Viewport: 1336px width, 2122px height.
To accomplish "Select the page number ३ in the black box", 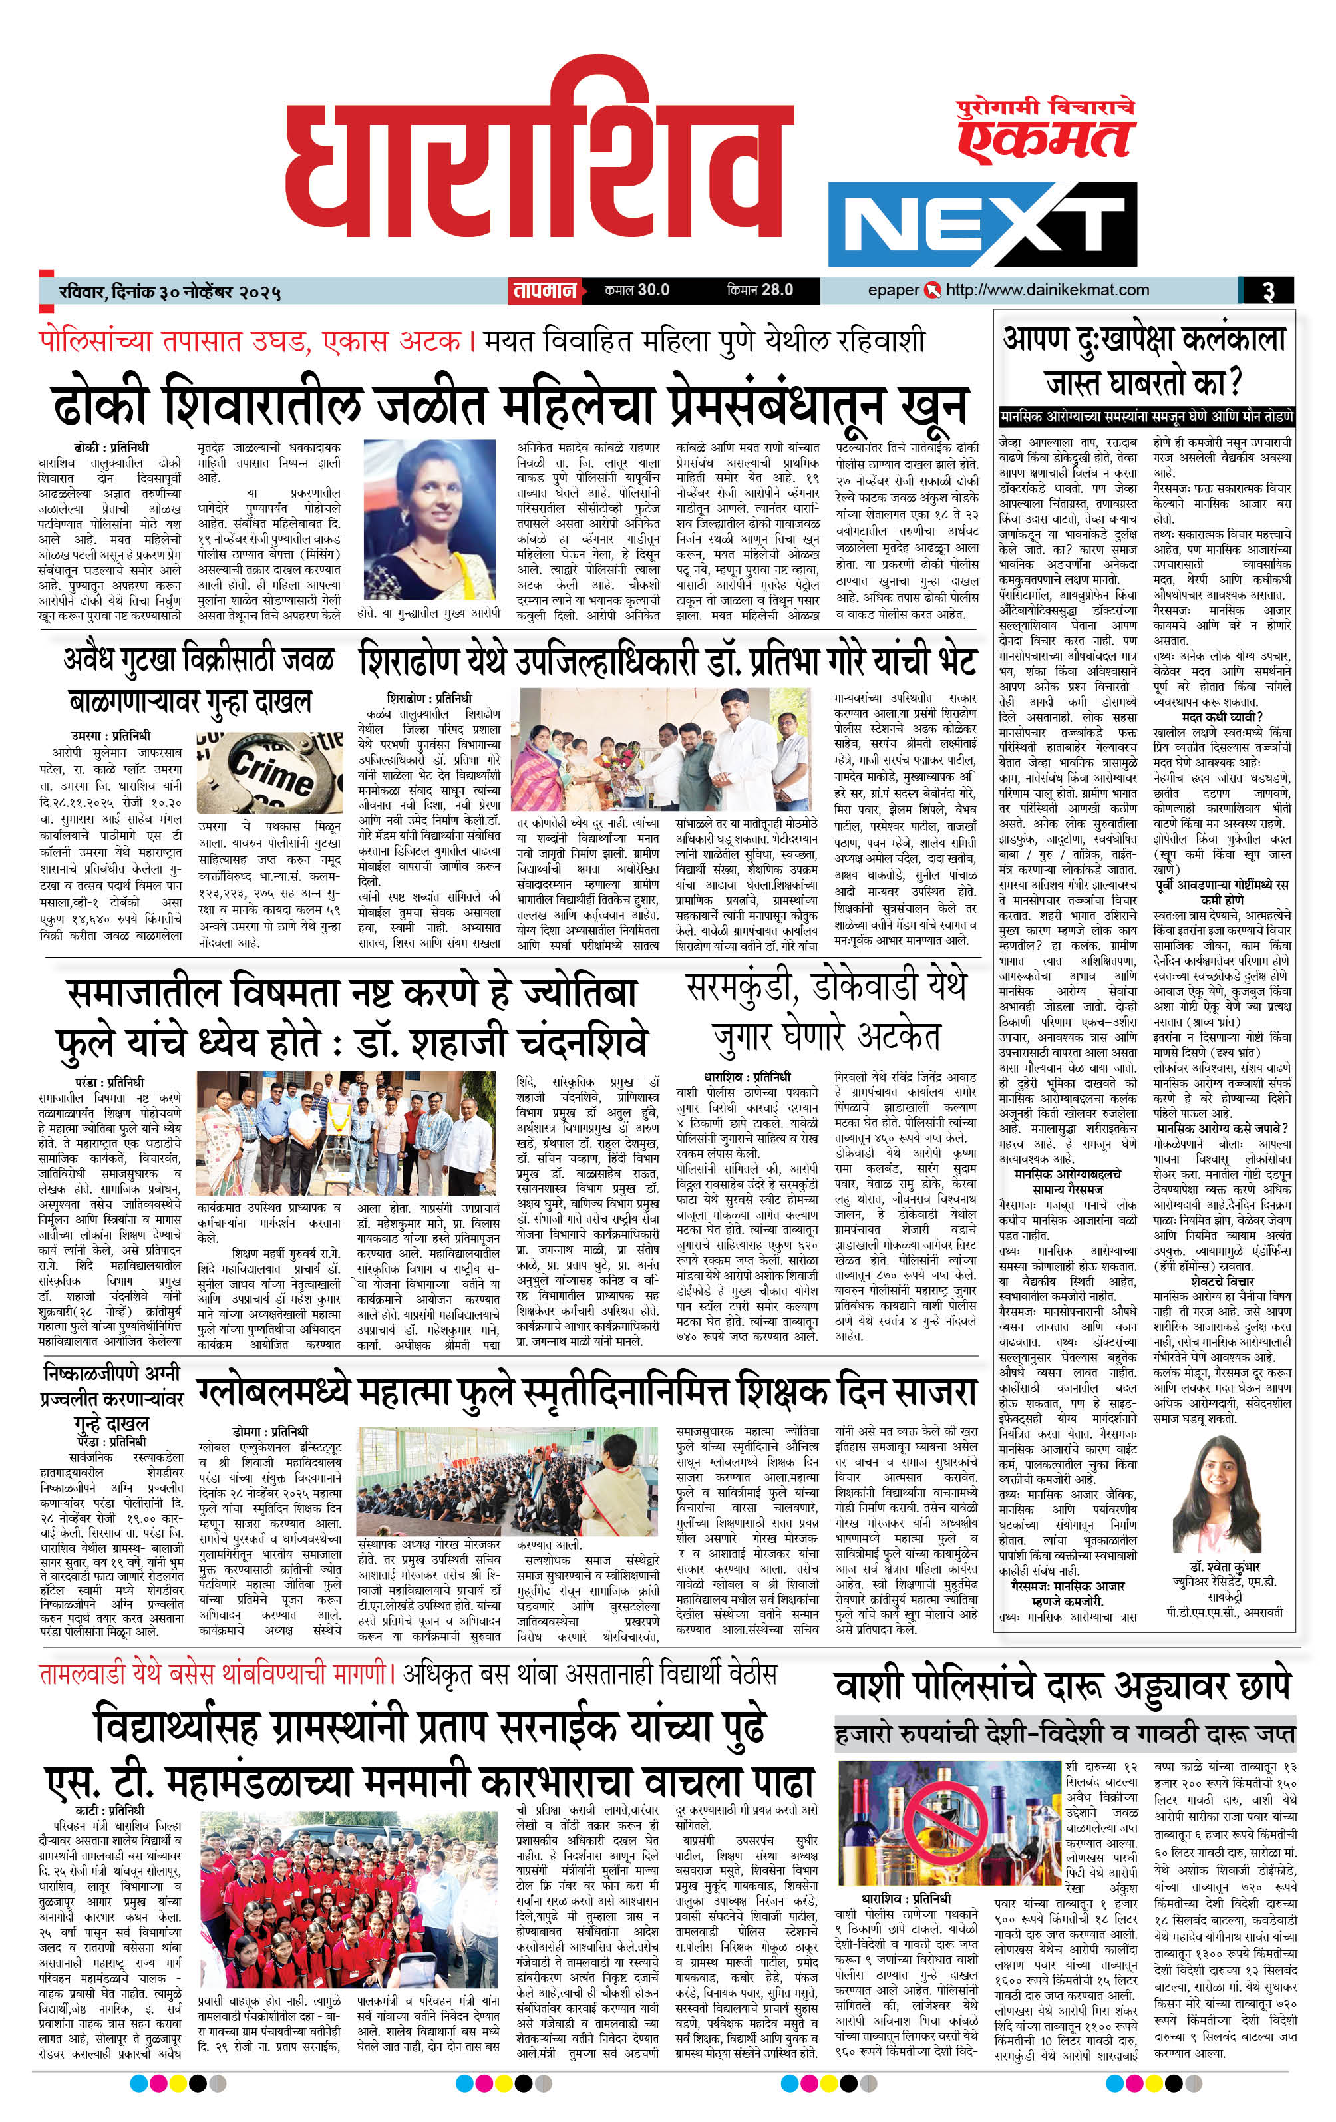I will pos(1267,291).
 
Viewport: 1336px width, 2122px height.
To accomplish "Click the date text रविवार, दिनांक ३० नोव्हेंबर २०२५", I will pos(166,291).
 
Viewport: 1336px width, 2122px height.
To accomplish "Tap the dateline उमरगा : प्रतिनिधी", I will pos(111,734).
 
